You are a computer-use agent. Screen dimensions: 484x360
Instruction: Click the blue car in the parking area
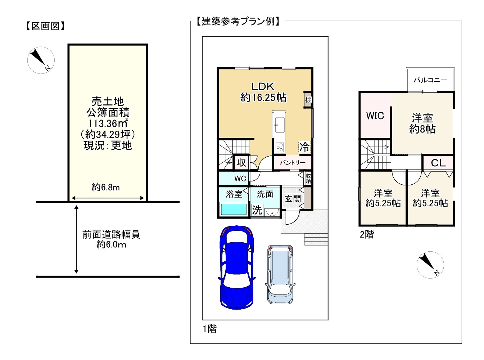236,267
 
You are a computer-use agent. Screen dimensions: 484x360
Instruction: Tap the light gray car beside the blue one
280,274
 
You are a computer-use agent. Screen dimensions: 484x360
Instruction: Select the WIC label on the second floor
375,116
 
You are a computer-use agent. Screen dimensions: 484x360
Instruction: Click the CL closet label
438,163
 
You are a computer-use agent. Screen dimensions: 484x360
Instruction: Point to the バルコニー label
430,80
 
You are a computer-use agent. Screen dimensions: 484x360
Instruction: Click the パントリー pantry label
293,162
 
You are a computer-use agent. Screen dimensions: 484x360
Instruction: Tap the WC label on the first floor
240,178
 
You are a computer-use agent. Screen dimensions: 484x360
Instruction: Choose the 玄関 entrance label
293,199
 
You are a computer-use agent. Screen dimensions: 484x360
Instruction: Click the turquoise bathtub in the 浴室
234,209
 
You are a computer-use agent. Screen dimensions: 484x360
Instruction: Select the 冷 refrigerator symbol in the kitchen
304,147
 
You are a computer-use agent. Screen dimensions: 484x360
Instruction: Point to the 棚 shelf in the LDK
308,100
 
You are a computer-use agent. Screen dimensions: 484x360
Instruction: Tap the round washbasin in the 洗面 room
272,212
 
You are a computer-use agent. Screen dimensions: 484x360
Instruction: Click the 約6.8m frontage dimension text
105,187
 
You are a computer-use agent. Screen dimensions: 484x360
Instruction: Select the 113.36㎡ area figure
108,123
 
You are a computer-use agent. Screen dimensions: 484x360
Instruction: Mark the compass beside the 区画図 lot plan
41,60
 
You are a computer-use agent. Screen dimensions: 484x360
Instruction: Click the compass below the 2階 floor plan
430,265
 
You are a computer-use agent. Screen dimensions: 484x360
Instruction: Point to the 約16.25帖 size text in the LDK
263,97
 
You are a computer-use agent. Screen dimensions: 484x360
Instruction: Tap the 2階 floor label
367,234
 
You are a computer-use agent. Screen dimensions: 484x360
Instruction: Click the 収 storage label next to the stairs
241,163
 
